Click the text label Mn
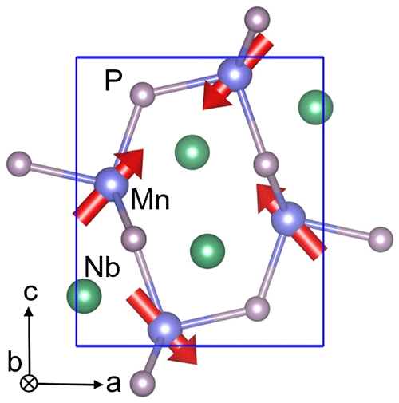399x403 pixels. (150, 199)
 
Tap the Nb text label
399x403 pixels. (102, 267)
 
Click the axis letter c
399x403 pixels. (30, 293)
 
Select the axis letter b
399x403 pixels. (14, 361)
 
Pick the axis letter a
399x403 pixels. (113, 385)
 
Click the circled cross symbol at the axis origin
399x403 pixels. (29, 384)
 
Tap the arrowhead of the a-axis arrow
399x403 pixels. (98, 384)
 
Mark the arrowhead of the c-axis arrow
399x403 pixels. (29, 311)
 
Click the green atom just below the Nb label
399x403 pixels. (84, 296)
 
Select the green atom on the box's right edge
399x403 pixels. (315, 108)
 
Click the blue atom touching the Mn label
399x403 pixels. (112, 184)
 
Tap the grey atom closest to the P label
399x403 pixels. (143, 95)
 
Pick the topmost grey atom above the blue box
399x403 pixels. (257, 19)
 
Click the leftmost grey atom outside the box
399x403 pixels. (19, 164)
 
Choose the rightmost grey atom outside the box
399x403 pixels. (381, 239)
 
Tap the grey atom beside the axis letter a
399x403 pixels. (143, 384)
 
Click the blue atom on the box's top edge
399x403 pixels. (235, 73)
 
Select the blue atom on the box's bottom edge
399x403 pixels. (164, 329)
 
